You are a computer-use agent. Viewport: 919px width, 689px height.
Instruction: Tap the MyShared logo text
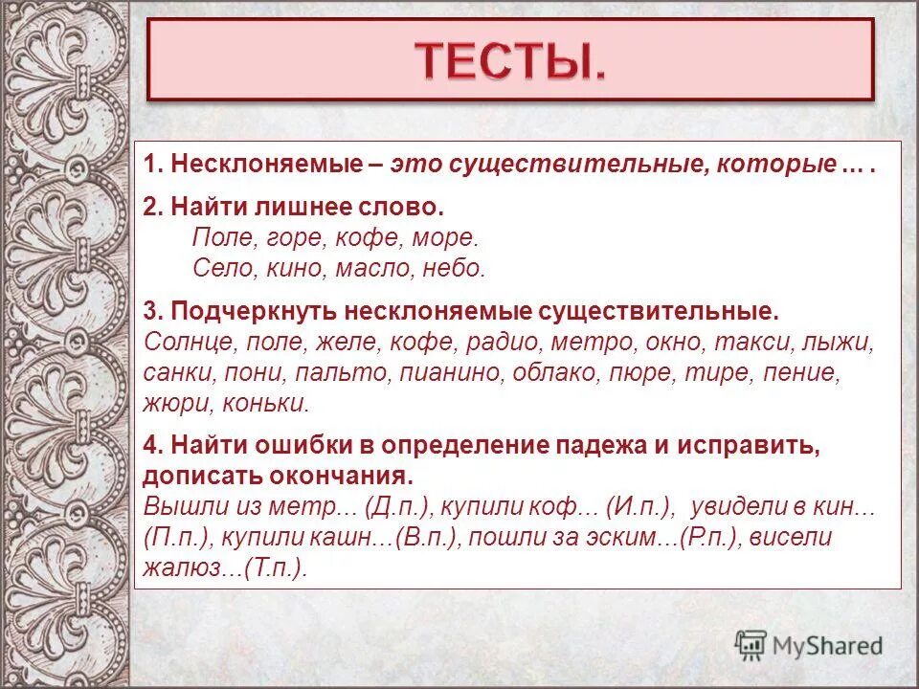coord(825,645)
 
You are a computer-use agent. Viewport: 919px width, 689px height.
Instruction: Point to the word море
coord(447,237)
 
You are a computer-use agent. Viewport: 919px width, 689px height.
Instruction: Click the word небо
coord(454,269)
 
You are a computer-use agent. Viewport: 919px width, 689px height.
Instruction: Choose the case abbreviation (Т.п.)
coord(277,567)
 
